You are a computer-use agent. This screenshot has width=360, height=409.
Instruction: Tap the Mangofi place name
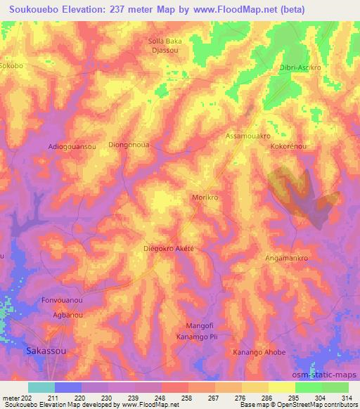click(198, 326)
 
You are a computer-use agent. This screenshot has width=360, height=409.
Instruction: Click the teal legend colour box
click(41, 387)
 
